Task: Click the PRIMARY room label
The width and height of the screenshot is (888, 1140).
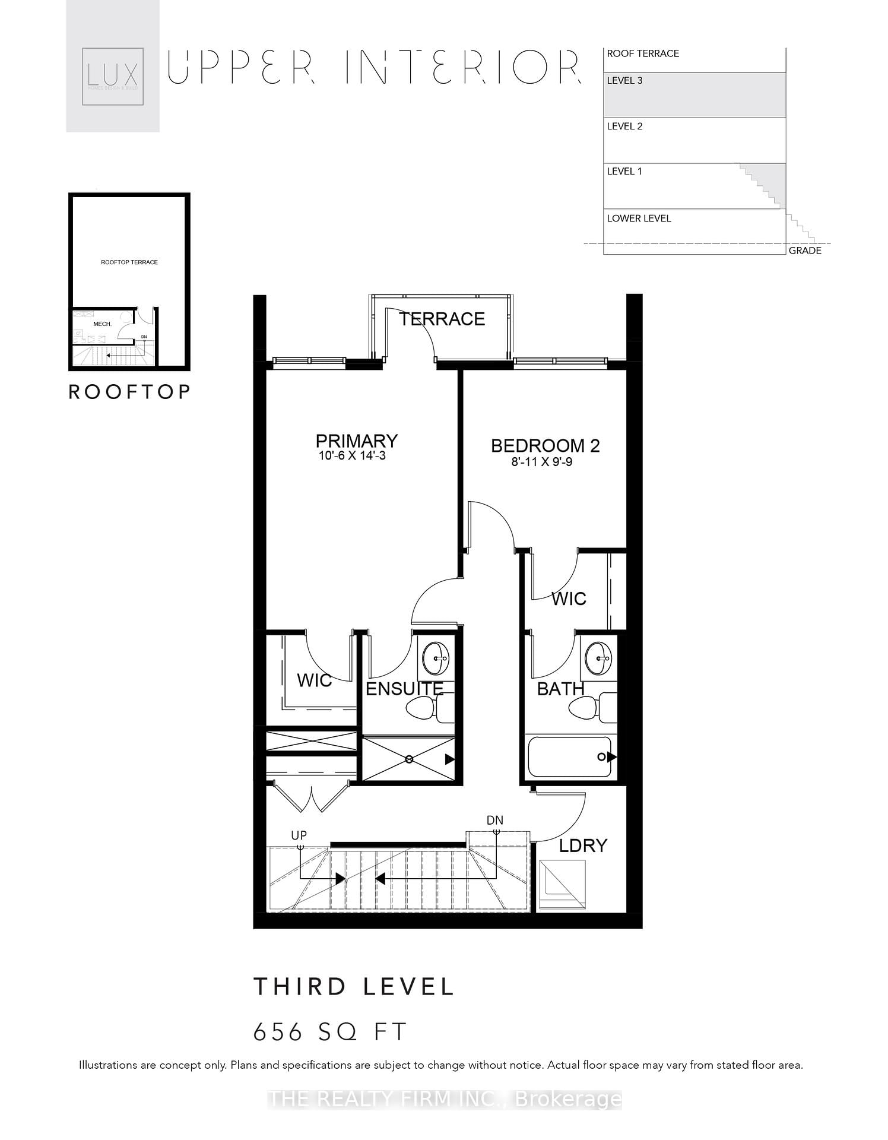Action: pos(356,441)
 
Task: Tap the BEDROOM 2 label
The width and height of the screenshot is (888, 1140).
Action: pos(545,446)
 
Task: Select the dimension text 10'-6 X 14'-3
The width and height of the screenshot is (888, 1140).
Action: pos(352,456)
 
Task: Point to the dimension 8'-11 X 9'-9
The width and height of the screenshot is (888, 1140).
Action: pos(541,462)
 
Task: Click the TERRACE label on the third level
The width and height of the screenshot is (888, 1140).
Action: pos(442,319)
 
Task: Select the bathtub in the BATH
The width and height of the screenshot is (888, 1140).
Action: pos(569,756)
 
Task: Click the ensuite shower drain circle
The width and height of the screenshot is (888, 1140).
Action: pos(409,759)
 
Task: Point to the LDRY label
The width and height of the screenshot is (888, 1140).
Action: pos(583,845)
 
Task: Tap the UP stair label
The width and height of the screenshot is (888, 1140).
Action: pos(299,835)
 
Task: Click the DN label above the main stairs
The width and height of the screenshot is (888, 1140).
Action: pos(494,820)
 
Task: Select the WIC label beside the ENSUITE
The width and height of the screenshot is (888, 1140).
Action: pos(314,680)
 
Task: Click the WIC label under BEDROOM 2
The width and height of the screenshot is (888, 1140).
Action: pos(568,598)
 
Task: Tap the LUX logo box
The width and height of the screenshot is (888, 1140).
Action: pos(113,76)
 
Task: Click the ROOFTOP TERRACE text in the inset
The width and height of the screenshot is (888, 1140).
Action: pos(129,262)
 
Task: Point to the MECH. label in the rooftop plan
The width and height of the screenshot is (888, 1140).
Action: pos(102,324)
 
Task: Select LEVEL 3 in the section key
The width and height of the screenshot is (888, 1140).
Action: pos(624,81)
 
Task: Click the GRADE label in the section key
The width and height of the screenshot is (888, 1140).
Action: pos(804,251)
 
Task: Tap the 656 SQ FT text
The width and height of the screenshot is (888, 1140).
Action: pos(330,1032)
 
